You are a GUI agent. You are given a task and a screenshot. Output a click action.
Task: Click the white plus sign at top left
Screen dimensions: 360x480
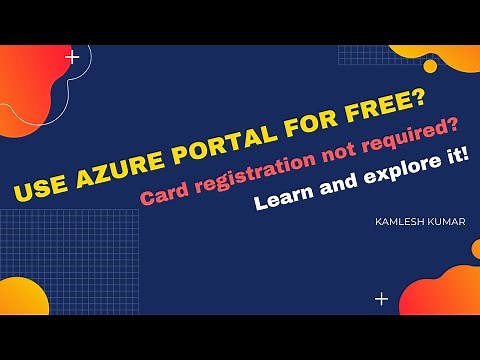[72, 57]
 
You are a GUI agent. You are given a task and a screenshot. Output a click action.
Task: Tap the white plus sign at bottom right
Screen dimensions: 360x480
[381, 298]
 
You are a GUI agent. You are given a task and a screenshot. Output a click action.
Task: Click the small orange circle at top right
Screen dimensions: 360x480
[431, 66]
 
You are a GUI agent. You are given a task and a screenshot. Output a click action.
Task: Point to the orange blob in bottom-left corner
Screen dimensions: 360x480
[20, 297]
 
